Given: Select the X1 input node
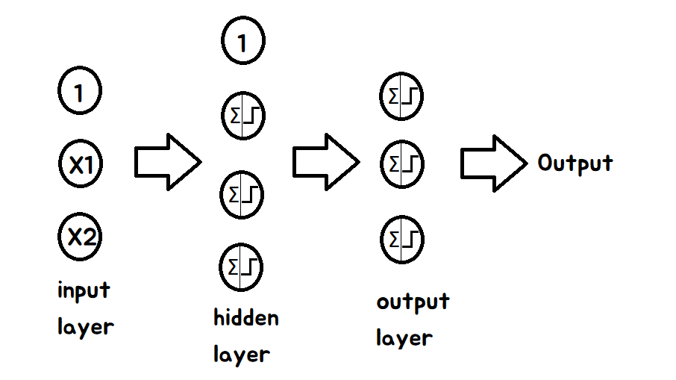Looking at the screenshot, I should [x=81, y=165].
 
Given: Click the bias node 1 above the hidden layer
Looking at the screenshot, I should [x=242, y=42].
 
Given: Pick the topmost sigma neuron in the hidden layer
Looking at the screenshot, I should [x=242, y=117].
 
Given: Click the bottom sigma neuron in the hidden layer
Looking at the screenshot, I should [x=242, y=265].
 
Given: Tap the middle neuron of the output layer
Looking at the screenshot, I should [x=402, y=163].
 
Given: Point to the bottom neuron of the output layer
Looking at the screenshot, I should [x=402, y=237].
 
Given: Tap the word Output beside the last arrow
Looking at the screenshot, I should [x=575, y=163].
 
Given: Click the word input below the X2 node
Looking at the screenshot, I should [x=84, y=290].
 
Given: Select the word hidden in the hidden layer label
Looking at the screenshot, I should [x=245, y=318].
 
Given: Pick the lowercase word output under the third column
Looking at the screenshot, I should [x=413, y=302].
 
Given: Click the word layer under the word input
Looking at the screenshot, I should [x=86, y=327].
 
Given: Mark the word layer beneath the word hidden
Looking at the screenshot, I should [x=240, y=354].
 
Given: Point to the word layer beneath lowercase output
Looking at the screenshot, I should [x=404, y=338].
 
